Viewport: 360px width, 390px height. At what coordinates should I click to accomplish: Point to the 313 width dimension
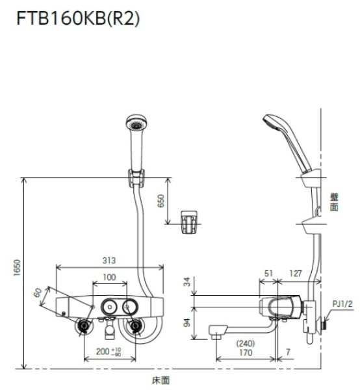(x=110, y=260)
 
